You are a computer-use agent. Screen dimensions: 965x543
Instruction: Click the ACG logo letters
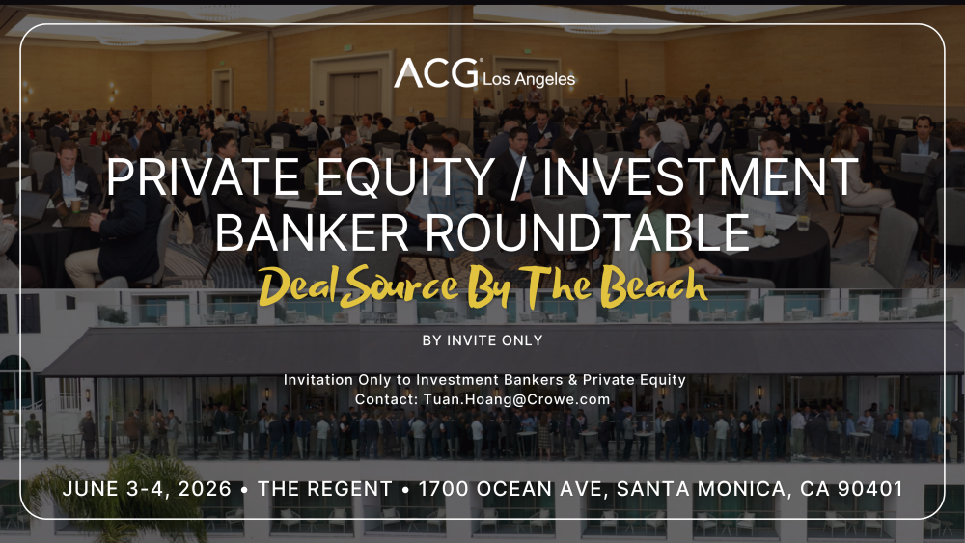pyautogui.click(x=436, y=73)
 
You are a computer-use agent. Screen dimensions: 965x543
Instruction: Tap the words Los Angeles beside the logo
pyautogui.click(x=529, y=79)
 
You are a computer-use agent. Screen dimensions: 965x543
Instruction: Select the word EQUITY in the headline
pyautogui.click(x=405, y=177)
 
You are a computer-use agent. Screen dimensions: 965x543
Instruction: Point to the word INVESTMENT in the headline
pyautogui.click(x=701, y=177)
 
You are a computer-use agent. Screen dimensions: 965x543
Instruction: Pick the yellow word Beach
pyautogui.click(x=653, y=285)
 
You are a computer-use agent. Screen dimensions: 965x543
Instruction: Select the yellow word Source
pyautogui.click(x=401, y=287)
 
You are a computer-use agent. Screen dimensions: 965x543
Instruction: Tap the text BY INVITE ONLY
pyautogui.click(x=482, y=340)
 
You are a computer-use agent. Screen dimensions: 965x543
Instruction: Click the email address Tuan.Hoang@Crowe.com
pyautogui.click(x=517, y=399)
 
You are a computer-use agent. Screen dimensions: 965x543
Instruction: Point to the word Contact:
pyautogui.click(x=387, y=399)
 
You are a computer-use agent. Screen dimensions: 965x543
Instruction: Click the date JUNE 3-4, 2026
pyautogui.click(x=147, y=489)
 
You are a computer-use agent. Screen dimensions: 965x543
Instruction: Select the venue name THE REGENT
pyautogui.click(x=325, y=489)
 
